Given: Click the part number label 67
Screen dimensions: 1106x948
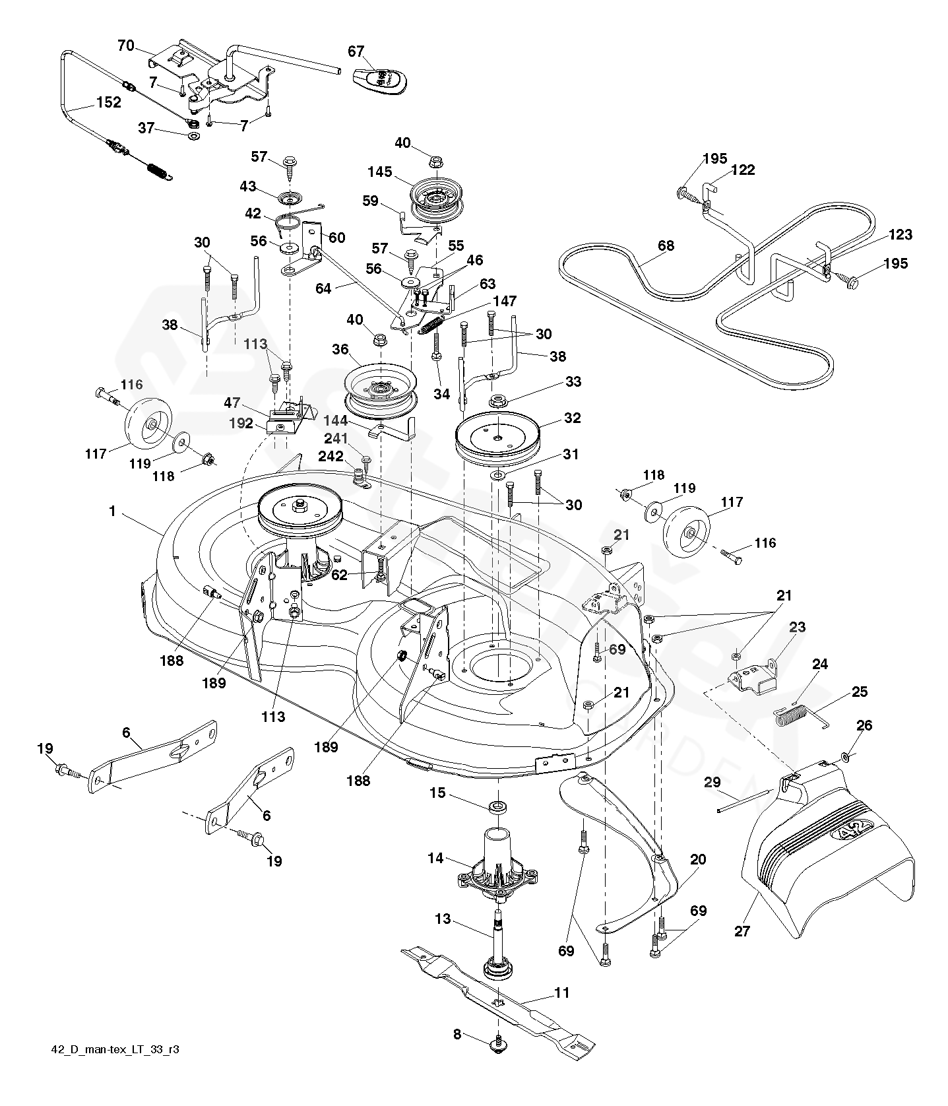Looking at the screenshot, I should point(356,51).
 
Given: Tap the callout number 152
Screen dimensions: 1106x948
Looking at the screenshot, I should point(109,102).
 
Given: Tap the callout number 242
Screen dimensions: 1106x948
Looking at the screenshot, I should point(331,456).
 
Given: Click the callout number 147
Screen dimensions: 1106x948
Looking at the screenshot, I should point(505,302).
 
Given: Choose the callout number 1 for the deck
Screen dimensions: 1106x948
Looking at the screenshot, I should point(113,511).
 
